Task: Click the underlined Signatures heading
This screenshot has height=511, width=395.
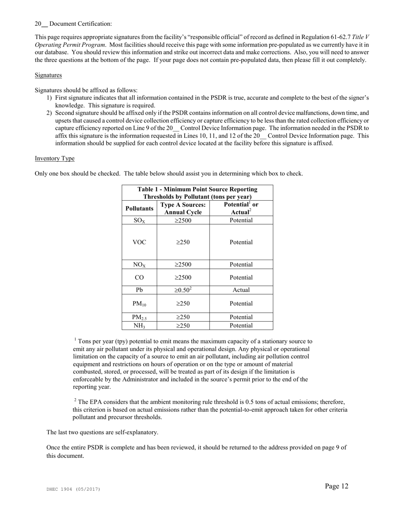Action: pyautogui.click(x=48, y=75)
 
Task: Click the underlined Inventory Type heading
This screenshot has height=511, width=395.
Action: pyautogui.click(x=54, y=158)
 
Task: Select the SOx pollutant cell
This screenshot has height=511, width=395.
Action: pyautogui.click(x=139, y=221)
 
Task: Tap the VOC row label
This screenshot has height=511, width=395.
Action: pyautogui.click(x=139, y=242)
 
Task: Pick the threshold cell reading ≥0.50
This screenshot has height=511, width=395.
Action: pyautogui.click(x=183, y=290)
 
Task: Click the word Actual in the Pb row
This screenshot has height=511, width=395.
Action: pyautogui.click(x=241, y=290)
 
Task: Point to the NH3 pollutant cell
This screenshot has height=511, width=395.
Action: pyautogui.click(x=139, y=326)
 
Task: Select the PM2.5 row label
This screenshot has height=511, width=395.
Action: pyautogui.click(x=139, y=317)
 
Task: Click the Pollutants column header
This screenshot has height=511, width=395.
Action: pyautogui.click(x=139, y=209)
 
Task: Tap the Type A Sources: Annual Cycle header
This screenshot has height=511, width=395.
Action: pyautogui.click(x=183, y=209)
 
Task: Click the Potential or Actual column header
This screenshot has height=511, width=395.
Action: pyautogui.click(x=241, y=209)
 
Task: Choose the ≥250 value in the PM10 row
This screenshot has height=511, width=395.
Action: pyautogui.click(x=183, y=304)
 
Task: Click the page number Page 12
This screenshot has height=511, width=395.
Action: pyautogui.click(x=336, y=486)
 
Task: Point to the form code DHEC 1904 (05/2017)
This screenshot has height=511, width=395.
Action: pyautogui.click(x=73, y=489)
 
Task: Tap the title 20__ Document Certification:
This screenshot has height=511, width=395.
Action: pyautogui.click(x=73, y=24)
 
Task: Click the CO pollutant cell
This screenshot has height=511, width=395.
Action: pyautogui.click(x=139, y=278)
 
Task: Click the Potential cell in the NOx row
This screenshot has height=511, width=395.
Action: pyautogui.click(x=241, y=265)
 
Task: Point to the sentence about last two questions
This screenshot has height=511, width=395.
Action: pyautogui.click(x=102, y=432)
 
